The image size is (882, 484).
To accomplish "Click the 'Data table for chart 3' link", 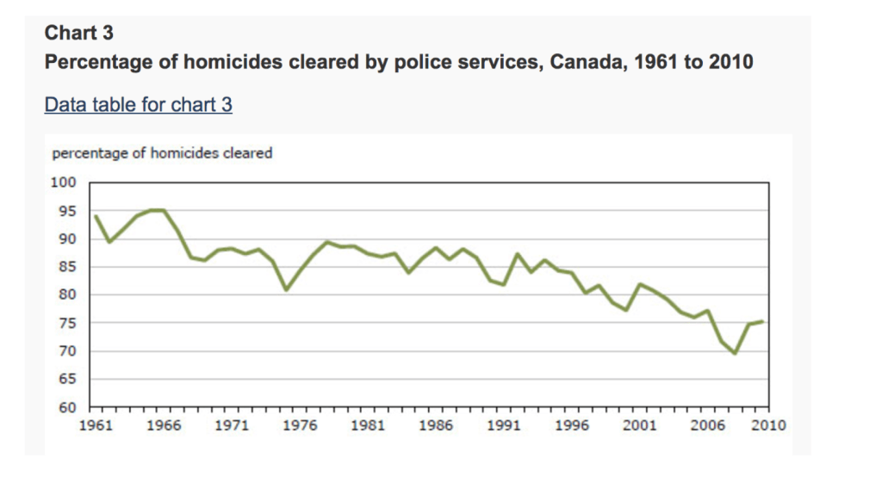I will pos(138,105).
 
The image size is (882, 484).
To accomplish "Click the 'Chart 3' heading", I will pos(78,34).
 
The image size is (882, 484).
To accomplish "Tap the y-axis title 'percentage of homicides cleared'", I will pos(162,153).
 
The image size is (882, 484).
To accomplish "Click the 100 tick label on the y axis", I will pos(67,183).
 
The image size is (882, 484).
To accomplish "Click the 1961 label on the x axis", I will pos(95,425).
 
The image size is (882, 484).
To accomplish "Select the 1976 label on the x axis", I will pos(300,425).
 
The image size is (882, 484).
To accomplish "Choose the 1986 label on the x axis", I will pos(437,425).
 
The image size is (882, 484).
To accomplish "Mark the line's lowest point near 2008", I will pos(735,353).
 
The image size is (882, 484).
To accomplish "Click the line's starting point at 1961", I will pos(95,216).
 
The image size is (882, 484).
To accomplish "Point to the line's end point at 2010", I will pos(762,321).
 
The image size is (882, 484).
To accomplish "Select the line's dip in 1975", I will pos(286,289).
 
